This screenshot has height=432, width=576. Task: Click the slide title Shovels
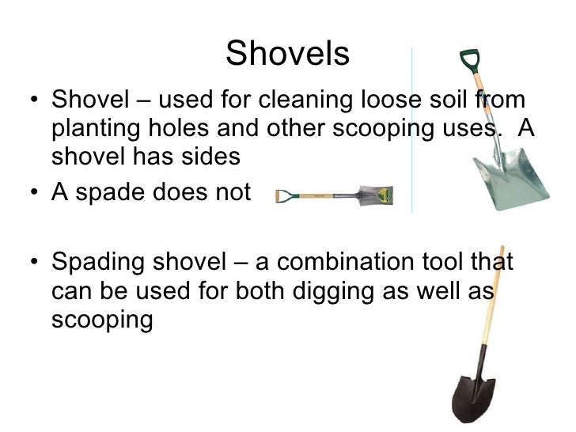(x=287, y=55)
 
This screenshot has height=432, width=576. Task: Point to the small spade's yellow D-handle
(x=282, y=195)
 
